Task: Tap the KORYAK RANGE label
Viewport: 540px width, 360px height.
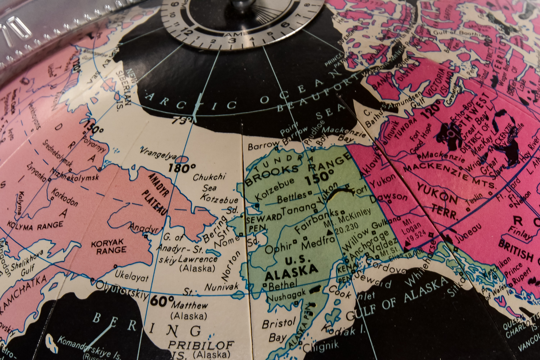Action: [108, 247]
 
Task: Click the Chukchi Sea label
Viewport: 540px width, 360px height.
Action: [209, 182]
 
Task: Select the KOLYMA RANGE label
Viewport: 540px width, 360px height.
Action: [35, 226]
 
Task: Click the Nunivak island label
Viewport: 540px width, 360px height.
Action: [221, 287]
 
